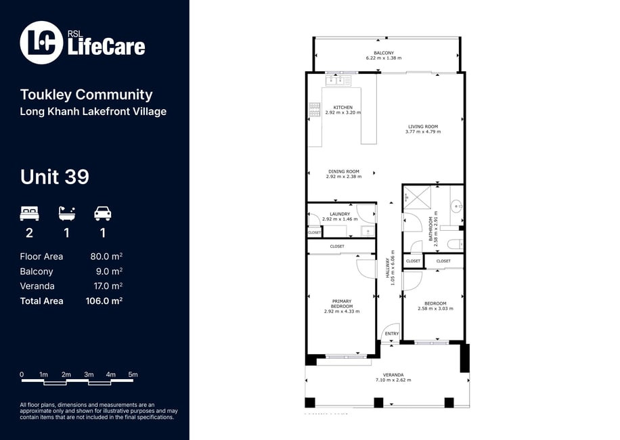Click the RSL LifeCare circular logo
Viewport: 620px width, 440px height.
(41, 43)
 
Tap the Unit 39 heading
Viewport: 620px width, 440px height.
(55, 177)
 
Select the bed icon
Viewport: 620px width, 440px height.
(29, 213)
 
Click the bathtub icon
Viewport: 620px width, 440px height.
(67, 213)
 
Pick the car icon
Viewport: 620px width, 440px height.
(103, 213)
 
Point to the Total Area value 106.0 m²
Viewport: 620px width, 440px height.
(104, 301)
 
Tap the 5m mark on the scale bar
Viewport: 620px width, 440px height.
(133, 374)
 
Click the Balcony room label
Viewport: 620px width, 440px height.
(384, 53)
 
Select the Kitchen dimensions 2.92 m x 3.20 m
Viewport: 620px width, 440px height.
(342, 112)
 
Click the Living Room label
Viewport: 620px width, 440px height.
(423, 127)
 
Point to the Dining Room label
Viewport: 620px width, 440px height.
(344, 171)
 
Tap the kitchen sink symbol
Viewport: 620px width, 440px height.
(338, 81)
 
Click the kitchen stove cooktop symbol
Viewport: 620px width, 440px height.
(314, 110)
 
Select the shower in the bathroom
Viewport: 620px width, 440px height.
(417, 197)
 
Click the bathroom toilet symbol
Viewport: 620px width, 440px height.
(455, 244)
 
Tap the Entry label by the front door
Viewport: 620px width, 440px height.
(392, 334)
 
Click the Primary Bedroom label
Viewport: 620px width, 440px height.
(342, 304)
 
